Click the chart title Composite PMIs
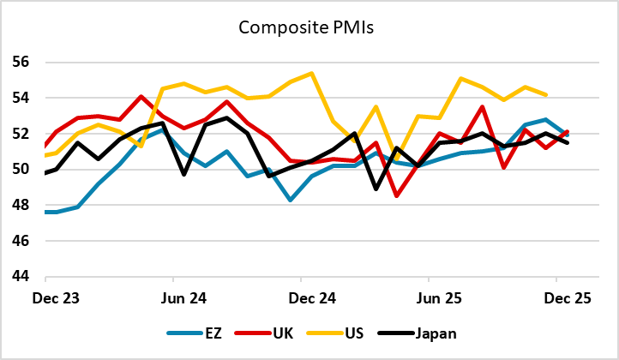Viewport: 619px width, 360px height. click(x=309, y=27)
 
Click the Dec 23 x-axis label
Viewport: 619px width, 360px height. click(x=45, y=298)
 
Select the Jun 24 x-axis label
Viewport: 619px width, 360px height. click(x=173, y=298)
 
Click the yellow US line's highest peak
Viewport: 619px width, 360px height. click(x=311, y=73)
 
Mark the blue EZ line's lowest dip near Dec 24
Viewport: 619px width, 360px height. click(x=291, y=201)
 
